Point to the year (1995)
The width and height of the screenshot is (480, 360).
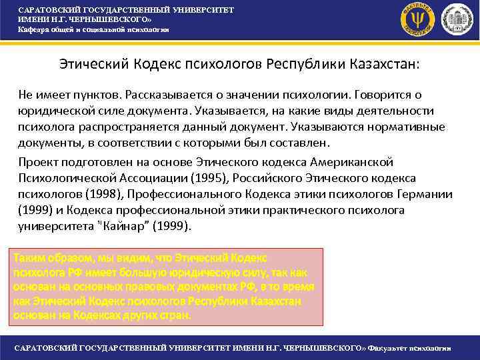(212, 178)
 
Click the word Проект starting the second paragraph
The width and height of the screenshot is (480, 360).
(39, 162)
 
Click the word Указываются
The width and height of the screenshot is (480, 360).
(308, 127)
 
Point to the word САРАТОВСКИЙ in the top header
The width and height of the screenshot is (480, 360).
(47, 10)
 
